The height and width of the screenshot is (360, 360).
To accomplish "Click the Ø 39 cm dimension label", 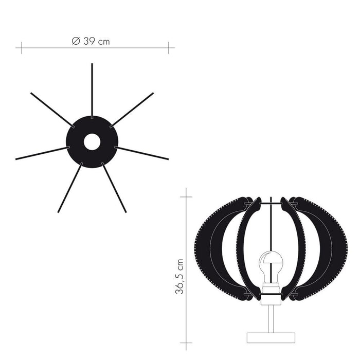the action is click(x=91, y=41).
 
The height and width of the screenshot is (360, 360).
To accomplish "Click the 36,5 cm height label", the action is click(x=179, y=277).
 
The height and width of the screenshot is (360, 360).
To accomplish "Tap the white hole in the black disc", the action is click(x=92, y=142).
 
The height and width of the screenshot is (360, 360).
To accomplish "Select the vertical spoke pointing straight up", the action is click(x=92, y=91).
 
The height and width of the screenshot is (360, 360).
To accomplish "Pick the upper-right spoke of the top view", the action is click(x=132, y=110).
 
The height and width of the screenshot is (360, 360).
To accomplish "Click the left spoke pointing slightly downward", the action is click(x=43, y=153).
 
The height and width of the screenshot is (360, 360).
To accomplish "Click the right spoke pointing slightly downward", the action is click(x=141, y=153).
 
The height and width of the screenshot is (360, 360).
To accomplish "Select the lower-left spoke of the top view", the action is click(x=70, y=187).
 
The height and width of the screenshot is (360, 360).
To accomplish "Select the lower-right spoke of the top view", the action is click(x=114, y=187).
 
